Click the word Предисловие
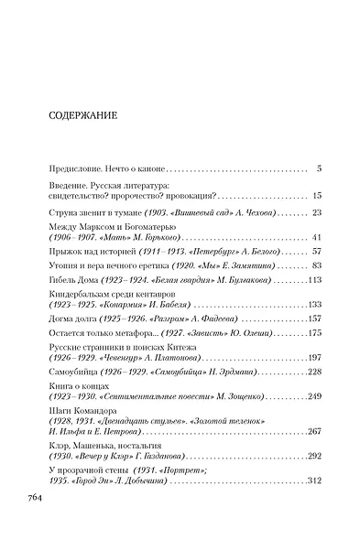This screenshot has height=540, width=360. pyautogui.click(x=77, y=169)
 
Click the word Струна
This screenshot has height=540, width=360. pyautogui.click(x=64, y=212)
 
